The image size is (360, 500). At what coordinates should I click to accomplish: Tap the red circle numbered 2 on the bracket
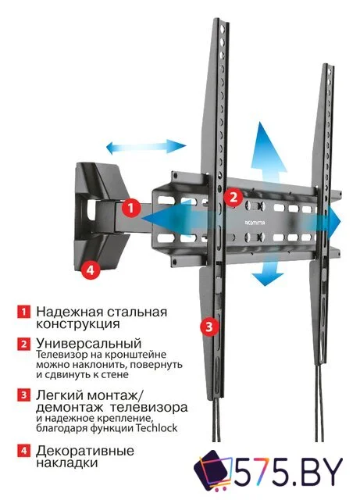(232, 197)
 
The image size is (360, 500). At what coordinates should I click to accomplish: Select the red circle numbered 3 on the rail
(208, 327)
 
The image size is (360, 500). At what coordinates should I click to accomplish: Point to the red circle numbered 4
(91, 270)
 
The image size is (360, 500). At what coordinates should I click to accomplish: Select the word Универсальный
(88, 343)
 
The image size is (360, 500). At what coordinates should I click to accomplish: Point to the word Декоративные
(84, 451)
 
